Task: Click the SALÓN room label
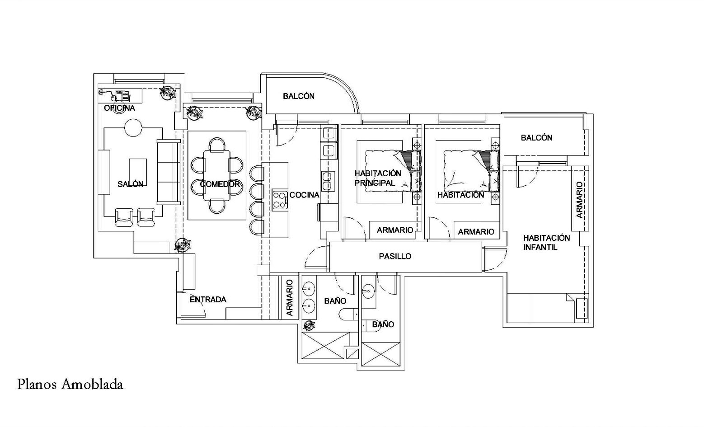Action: coord(131,184)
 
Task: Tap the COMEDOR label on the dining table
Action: coord(220,184)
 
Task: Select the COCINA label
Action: coord(304,195)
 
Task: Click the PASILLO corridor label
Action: coord(395,256)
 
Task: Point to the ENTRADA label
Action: coord(208,300)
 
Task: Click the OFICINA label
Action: coord(119,108)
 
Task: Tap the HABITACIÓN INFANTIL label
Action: coord(547,243)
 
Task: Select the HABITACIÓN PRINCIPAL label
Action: coord(378,178)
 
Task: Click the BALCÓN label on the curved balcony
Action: coord(299,96)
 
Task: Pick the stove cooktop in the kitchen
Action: coord(280,200)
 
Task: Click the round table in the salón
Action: coord(133,127)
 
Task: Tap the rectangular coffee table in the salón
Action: coord(138,172)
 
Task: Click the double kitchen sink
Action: coord(328,181)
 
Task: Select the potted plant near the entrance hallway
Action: coord(183,245)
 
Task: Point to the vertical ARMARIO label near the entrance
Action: coord(290,298)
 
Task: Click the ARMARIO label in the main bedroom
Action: coord(395,230)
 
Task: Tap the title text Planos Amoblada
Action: coord(70,385)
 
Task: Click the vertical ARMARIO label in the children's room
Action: coord(579,200)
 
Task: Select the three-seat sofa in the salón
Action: coord(169,172)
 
